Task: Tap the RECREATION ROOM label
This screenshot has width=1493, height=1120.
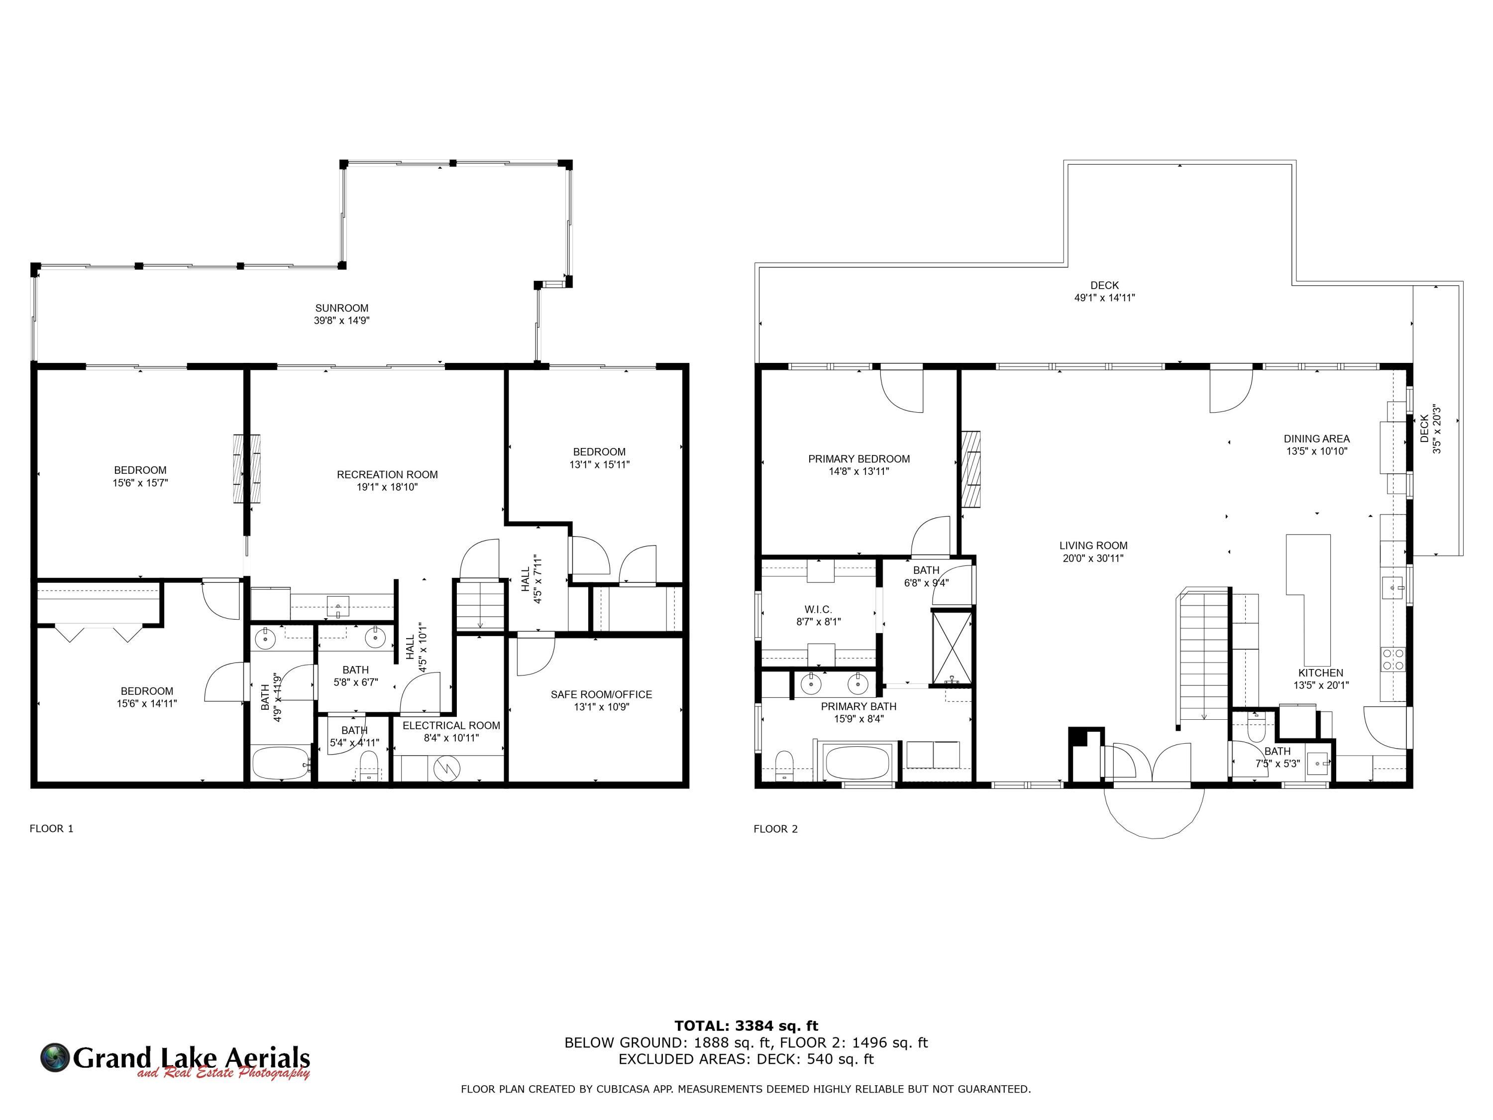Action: pyautogui.click(x=387, y=474)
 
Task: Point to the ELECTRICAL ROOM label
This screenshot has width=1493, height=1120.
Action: pyautogui.click(x=451, y=726)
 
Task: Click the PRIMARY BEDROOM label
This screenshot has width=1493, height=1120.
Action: pyautogui.click(x=859, y=459)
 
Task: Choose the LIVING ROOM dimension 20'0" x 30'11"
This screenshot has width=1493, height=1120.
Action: pyautogui.click(x=1093, y=559)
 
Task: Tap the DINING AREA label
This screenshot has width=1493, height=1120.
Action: pyautogui.click(x=1317, y=439)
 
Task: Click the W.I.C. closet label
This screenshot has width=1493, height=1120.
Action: pyautogui.click(x=818, y=610)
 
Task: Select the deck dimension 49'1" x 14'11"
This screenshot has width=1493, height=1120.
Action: pyautogui.click(x=1105, y=298)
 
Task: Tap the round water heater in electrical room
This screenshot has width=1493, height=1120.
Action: pyautogui.click(x=445, y=768)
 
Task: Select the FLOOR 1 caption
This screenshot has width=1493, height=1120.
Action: pyautogui.click(x=51, y=828)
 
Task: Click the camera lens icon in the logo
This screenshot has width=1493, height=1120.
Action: pyautogui.click(x=55, y=1057)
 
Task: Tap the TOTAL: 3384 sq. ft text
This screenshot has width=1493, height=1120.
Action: pyautogui.click(x=746, y=1026)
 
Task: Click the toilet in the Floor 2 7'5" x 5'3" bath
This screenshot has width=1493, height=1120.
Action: pyautogui.click(x=1256, y=728)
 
